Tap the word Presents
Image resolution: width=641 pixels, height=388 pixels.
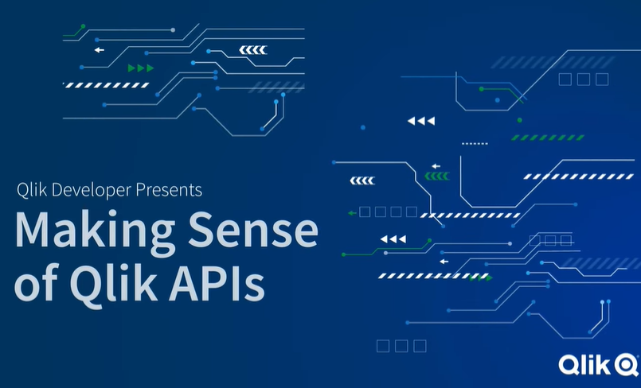169,190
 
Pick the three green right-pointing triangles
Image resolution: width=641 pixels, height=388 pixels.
140,68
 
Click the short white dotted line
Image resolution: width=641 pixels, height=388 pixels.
475,143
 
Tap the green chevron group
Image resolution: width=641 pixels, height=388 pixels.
436,176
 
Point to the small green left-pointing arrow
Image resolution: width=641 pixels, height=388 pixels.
352,213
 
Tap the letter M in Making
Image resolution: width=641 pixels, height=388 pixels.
33,231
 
